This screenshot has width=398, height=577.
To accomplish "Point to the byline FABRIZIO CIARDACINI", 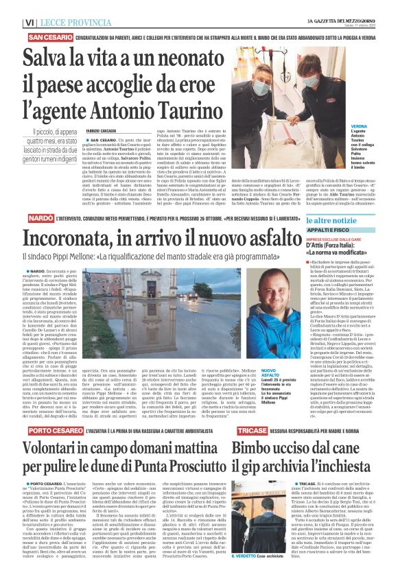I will pos(104,130).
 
